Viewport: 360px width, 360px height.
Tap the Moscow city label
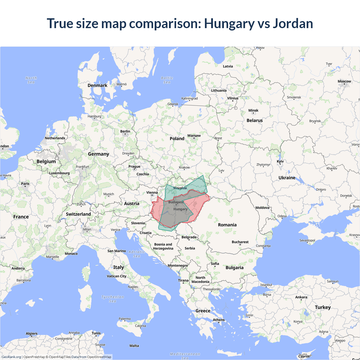(x=344, y=81)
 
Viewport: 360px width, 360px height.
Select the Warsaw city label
(x=194, y=136)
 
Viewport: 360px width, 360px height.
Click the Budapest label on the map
(x=176, y=202)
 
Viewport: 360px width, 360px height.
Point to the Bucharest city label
(x=240, y=242)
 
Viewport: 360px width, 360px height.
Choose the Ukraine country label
(x=287, y=178)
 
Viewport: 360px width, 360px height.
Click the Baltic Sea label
(x=167, y=80)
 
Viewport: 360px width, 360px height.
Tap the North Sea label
(x=31, y=80)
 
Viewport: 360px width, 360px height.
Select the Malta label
(x=134, y=346)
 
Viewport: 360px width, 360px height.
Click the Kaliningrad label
(x=189, y=98)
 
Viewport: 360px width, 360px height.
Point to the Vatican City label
(x=116, y=276)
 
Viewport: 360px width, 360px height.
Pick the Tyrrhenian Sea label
(x=112, y=299)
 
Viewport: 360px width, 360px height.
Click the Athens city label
(x=219, y=320)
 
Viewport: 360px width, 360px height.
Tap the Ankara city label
(x=301, y=297)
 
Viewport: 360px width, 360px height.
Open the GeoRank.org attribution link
(x=11, y=357)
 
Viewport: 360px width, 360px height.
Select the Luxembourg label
(x=59, y=173)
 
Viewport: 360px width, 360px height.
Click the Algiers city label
(x=31, y=334)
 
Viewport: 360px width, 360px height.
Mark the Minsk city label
(x=253, y=111)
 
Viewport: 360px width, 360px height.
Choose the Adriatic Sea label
(x=137, y=254)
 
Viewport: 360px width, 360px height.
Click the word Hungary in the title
(x=229, y=23)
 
